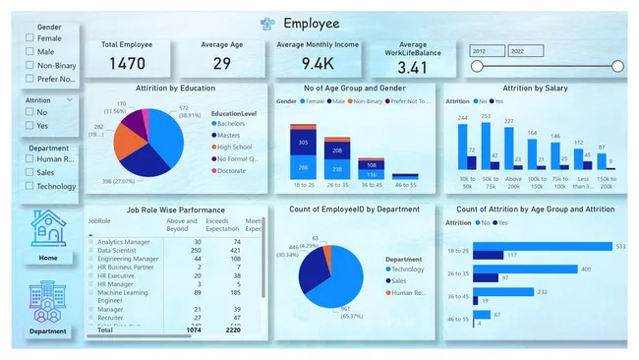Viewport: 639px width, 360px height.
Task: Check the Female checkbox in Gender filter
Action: click(30, 38)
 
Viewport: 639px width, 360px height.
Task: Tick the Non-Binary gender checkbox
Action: click(30, 65)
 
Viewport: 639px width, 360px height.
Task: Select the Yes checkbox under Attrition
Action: click(30, 125)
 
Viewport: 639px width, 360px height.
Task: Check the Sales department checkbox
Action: click(30, 172)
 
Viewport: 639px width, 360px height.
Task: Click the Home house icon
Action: click(48, 228)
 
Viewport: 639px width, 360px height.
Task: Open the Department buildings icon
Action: click(48, 299)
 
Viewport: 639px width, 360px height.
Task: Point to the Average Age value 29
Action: click(221, 65)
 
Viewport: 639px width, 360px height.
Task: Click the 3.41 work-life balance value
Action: click(414, 68)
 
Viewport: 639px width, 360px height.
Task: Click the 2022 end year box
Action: click(525, 50)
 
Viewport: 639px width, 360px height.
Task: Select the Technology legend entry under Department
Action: click(403, 269)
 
